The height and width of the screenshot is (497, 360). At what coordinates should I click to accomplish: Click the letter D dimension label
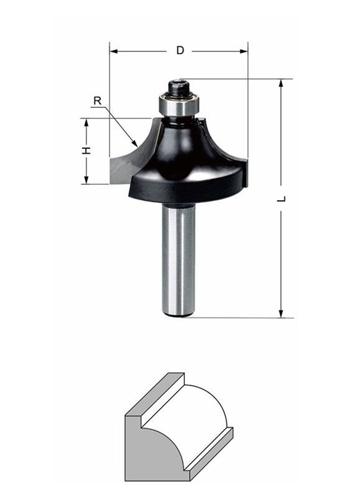pyautogui.click(x=180, y=50)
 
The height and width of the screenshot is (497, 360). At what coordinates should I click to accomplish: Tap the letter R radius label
pyautogui.click(x=98, y=101)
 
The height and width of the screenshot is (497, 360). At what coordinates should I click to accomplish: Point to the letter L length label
pyautogui.click(x=281, y=199)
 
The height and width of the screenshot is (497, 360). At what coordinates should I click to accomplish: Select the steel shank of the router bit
pyautogui.click(x=178, y=260)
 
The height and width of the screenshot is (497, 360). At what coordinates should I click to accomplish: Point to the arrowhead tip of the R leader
pyautogui.click(x=137, y=146)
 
